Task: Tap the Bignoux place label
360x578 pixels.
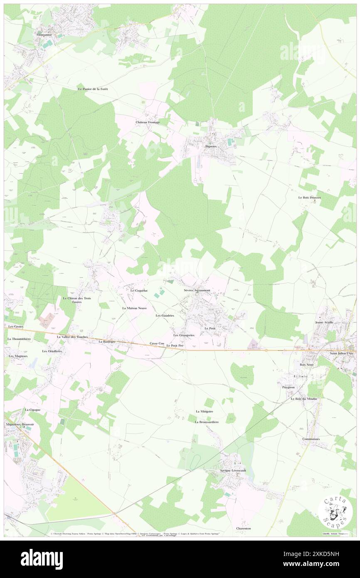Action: (211, 146)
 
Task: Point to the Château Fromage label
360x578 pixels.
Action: (148, 122)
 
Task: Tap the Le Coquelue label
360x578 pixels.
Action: (139, 290)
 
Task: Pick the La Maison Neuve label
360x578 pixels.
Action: (134, 308)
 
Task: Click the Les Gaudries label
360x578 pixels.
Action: (165, 316)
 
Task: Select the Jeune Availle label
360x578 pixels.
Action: (325, 322)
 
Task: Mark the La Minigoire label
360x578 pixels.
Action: (205, 411)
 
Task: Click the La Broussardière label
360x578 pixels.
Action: (207, 422)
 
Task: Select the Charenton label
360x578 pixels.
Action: (243, 529)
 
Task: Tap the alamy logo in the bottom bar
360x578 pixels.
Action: (42, 559)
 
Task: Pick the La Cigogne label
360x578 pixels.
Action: (32, 410)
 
